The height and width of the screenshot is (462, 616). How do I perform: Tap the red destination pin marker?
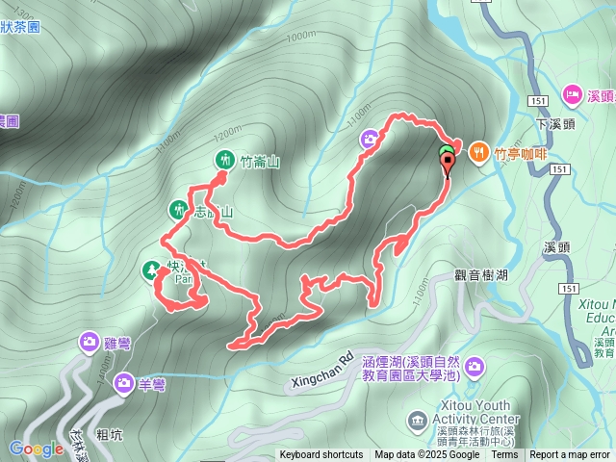pos(448,165)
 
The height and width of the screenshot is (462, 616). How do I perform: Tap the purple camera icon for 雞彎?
pos(89,342)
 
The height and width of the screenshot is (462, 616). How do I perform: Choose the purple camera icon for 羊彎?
pos(124,384)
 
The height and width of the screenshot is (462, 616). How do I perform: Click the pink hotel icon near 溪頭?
pos(571,95)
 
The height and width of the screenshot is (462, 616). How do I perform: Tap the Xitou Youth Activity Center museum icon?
pos(417,419)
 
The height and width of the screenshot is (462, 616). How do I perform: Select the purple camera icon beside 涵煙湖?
pos(476,367)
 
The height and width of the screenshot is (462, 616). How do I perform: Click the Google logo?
pos(36,448)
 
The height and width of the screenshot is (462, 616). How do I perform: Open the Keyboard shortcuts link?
pos(321,455)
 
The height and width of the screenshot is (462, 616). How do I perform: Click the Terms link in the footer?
pos(504,455)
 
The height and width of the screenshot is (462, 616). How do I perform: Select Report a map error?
pos(569,455)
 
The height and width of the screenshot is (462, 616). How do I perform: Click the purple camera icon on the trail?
pos(370,141)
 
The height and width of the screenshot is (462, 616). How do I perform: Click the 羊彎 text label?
pos(151,385)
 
